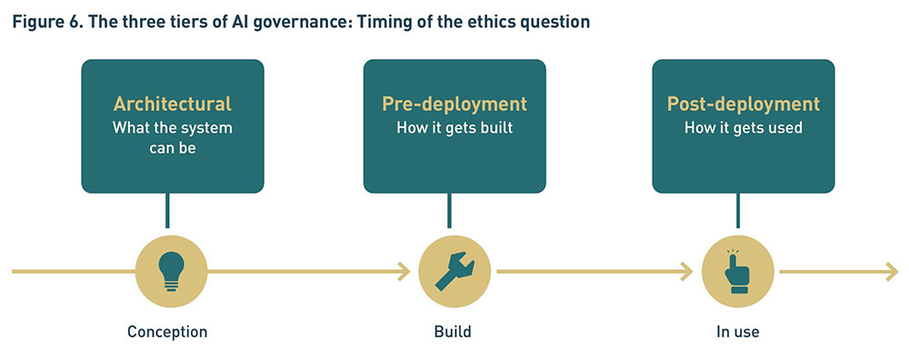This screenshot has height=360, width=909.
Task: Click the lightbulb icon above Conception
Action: [x=171, y=271]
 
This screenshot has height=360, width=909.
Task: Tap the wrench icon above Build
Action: [x=454, y=271]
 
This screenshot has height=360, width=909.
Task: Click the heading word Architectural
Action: [x=172, y=104]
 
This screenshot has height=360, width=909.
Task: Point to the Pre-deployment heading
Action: [x=454, y=105]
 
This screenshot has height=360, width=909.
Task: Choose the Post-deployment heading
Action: [x=744, y=105]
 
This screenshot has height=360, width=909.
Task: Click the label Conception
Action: [x=167, y=332]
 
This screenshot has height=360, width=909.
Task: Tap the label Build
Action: [x=453, y=332]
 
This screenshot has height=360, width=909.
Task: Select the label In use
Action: [x=737, y=332]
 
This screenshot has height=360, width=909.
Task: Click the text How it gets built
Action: [x=454, y=127]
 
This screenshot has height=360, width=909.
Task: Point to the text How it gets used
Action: [x=744, y=127]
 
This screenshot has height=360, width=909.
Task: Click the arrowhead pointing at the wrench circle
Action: [x=405, y=271]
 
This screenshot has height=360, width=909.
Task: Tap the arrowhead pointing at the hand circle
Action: [x=687, y=271]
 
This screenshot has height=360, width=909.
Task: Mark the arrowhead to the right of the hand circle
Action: [x=892, y=271]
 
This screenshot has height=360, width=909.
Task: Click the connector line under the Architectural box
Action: [x=167, y=210]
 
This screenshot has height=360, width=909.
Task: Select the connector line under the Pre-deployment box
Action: [x=449, y=210]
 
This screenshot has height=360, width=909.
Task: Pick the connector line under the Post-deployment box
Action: [x=738, y=210]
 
